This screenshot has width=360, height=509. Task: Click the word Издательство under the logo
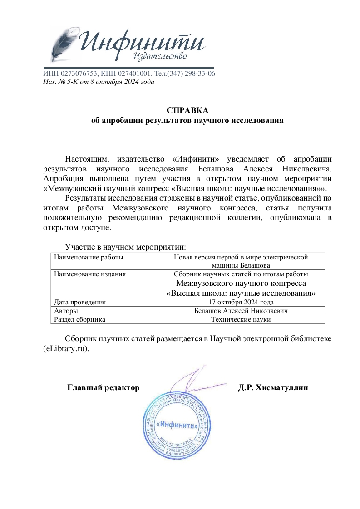(x=160, y=56)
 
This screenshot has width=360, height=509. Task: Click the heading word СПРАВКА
(x=187, y=111)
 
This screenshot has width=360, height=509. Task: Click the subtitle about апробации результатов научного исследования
(x=187, y=121)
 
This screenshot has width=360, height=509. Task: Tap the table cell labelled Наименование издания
(x=90, y=274)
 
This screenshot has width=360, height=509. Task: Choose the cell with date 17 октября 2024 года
(x=241, y=302)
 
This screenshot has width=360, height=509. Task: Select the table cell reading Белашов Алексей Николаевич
(x=241, y=311)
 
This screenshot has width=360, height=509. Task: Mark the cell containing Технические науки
(x=241, y=319)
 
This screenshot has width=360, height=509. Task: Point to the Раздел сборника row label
(x=79, y=319)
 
